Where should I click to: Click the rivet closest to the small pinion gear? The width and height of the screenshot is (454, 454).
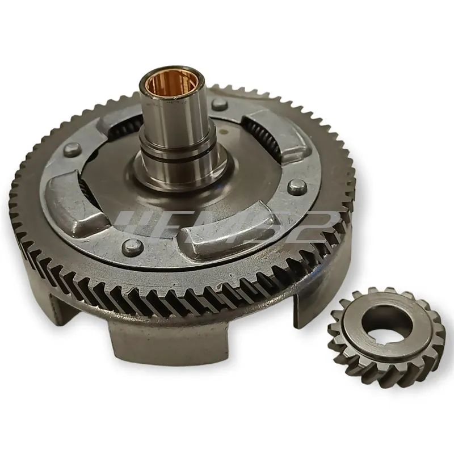tap(294, 187)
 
